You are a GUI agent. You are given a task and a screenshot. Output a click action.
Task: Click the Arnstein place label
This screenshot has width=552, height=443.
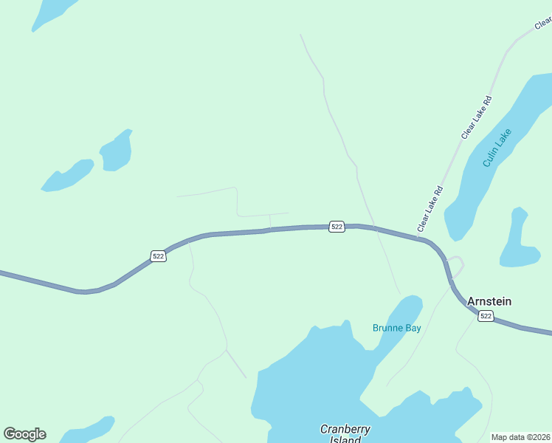(x=489, y=301)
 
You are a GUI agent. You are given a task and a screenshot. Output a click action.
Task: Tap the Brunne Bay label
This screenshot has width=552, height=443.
(x=396, y=328)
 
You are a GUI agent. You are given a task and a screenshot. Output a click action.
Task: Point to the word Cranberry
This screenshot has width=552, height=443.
(x=345, y=429)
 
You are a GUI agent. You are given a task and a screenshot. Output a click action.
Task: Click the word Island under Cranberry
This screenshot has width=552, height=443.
(x=345, y=439)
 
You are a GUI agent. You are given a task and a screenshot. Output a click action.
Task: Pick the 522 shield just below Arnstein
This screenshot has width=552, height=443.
(x=485, y=316)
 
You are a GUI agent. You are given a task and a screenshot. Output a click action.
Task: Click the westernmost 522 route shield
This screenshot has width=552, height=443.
(x=158, y=255)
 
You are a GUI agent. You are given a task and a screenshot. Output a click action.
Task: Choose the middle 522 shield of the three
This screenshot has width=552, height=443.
(x=337, y=226)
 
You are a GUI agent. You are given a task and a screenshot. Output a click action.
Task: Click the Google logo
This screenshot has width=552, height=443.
(x=24, y=434)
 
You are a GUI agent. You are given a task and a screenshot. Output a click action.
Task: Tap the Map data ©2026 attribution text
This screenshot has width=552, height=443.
(x=521, y=437)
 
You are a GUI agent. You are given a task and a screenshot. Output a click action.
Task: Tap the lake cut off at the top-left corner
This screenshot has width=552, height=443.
(x=52, y=10)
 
